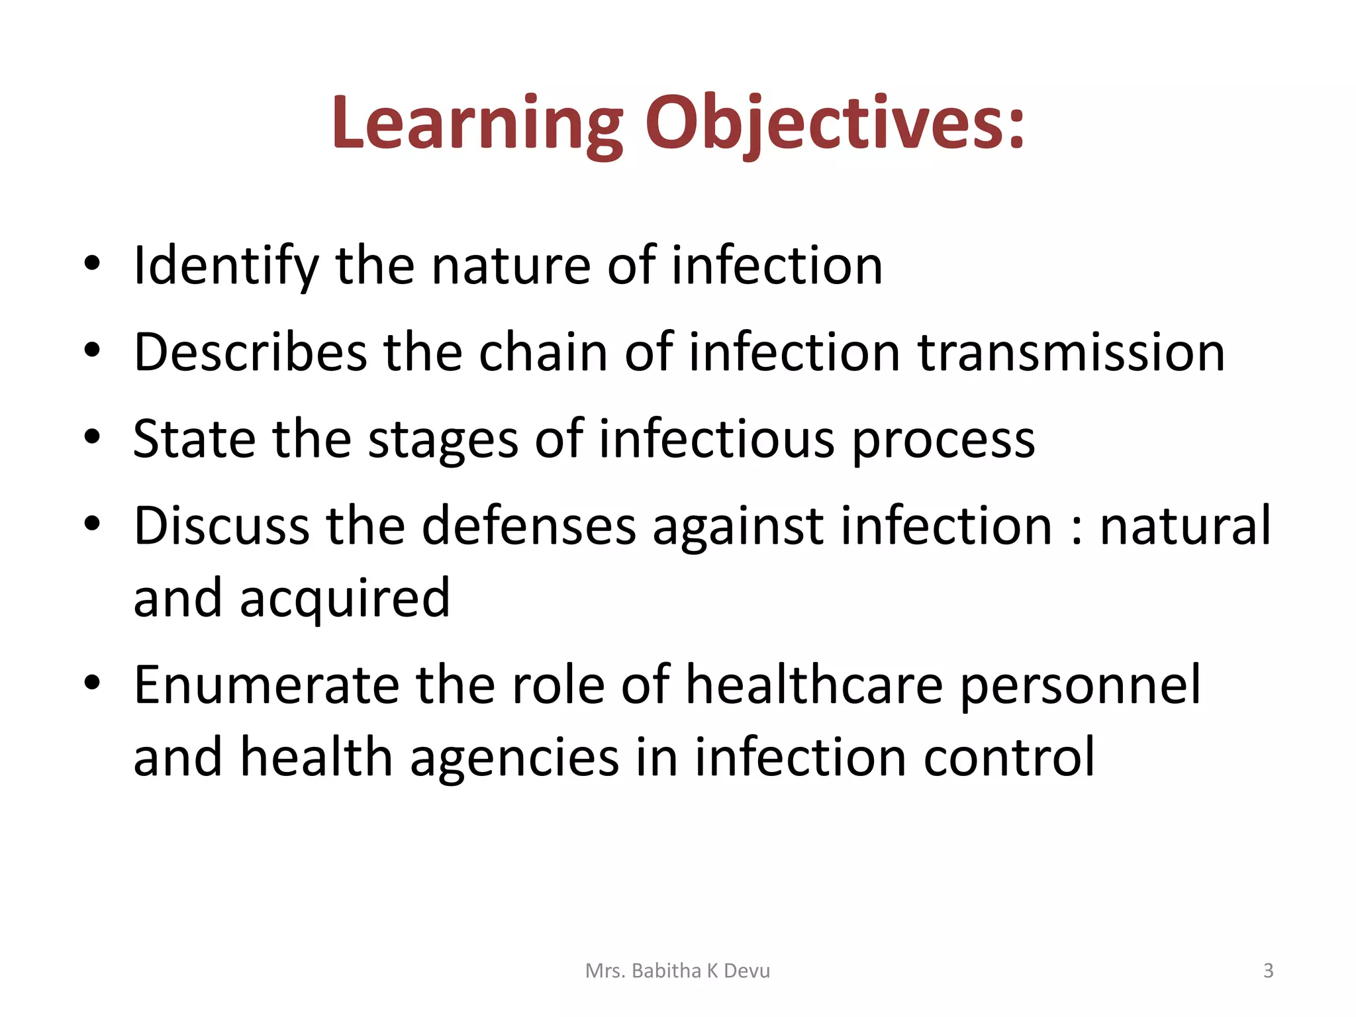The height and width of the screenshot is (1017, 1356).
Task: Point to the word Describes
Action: pyautogui.click(x=250, y=352)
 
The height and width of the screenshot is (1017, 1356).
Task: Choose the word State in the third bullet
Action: pyautogui.click(x=194, y=439)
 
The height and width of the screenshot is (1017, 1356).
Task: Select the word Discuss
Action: pyautogui.click(x=221, y=526)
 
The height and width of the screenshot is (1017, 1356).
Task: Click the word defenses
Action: pyautogui.click(x=528, y=526)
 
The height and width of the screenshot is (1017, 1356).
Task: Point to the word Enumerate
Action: pyautogui.click(x=266, y=685)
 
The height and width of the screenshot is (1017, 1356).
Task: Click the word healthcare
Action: pyautogui.click(x=814, y=685)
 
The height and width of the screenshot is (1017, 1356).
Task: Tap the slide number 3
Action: pyautogui.click(x=1268, y=971)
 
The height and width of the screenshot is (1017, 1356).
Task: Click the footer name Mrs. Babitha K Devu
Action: pyautogui.click(x=677, y=971)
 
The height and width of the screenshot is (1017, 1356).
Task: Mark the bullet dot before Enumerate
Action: pyautogui.click(x=92, y=681)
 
